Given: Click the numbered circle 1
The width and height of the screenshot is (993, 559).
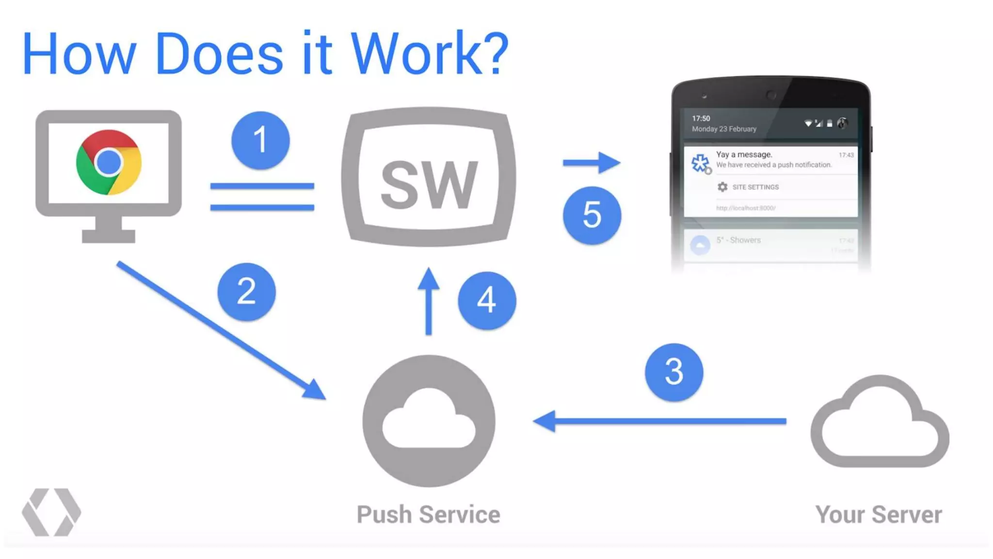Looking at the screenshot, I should [x=260, y=140].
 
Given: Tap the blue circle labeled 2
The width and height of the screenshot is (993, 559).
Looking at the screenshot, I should [x=246, y=292].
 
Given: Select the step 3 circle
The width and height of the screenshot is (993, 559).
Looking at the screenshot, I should [x=673, y=372].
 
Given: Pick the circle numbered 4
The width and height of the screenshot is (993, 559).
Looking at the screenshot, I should [x=486, y=300].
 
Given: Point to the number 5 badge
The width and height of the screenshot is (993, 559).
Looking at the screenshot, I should [x=592, y=215].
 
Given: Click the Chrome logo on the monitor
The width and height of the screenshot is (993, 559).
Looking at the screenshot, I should [x=109, y=162].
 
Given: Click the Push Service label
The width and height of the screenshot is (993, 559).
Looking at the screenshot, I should [x=428, y=514].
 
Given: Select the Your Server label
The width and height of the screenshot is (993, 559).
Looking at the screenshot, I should [x=878, y=514].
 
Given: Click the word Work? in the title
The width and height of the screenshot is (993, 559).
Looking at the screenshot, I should [x=429, y=53].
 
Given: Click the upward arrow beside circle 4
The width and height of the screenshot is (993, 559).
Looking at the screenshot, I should [x=429, y=301].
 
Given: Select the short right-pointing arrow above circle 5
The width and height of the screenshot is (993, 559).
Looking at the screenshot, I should [x=592, y=163].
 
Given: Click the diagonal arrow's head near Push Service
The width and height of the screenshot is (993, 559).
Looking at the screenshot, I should [x=314, y=390].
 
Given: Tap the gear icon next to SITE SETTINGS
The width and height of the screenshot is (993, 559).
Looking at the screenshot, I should [x=722, y=187].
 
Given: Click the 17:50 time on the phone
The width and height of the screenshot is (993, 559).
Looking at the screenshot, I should [x=701, y=118].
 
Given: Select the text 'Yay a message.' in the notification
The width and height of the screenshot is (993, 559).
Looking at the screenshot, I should [x=744, y=154].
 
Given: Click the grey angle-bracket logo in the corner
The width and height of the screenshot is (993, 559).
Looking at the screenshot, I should [x=51, y=512].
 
